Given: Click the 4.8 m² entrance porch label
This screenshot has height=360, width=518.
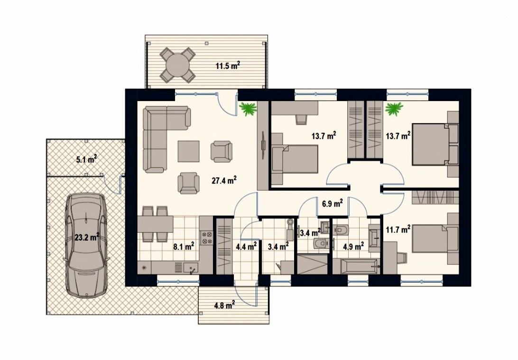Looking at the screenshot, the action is coord(224,305).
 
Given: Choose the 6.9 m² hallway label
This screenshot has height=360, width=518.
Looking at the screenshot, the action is coord(333,203).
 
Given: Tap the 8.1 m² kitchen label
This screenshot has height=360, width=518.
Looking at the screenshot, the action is coord(184,246).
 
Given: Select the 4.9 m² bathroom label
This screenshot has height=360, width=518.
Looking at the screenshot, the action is coord(353,246).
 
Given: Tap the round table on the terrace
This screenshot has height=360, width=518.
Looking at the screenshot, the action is coord(177,65).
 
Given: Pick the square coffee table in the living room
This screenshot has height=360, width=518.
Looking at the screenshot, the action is coord(189,151).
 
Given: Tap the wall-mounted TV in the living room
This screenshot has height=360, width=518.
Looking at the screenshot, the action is coord(264,145).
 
